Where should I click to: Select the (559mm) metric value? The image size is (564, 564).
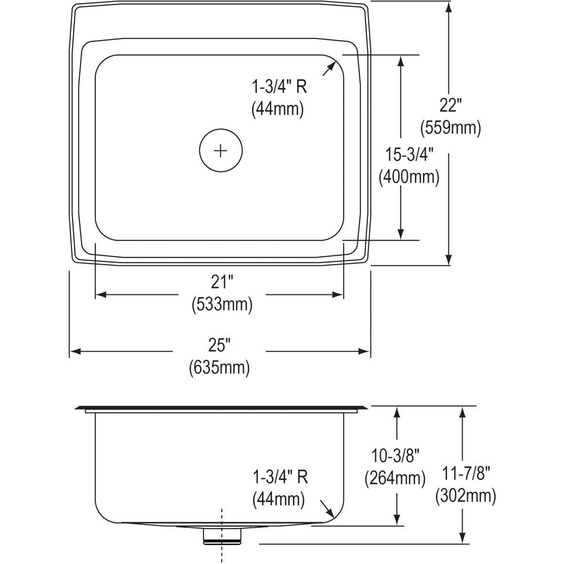coord(450,128)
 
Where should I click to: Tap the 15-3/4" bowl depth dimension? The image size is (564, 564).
coord(409,155)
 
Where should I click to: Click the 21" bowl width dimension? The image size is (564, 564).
coord(222,282)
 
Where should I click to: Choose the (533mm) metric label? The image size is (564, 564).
coord(222,305)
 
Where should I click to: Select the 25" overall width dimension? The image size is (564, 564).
coord(219,345)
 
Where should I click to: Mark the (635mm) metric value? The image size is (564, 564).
coord(219,368)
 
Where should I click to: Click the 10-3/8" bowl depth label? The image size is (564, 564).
coord(395,455)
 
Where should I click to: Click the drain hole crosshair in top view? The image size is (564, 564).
coord(221,151)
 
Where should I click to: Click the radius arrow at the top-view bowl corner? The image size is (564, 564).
coord(329,68)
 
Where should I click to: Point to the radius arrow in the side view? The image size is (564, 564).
coord(328,509)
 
